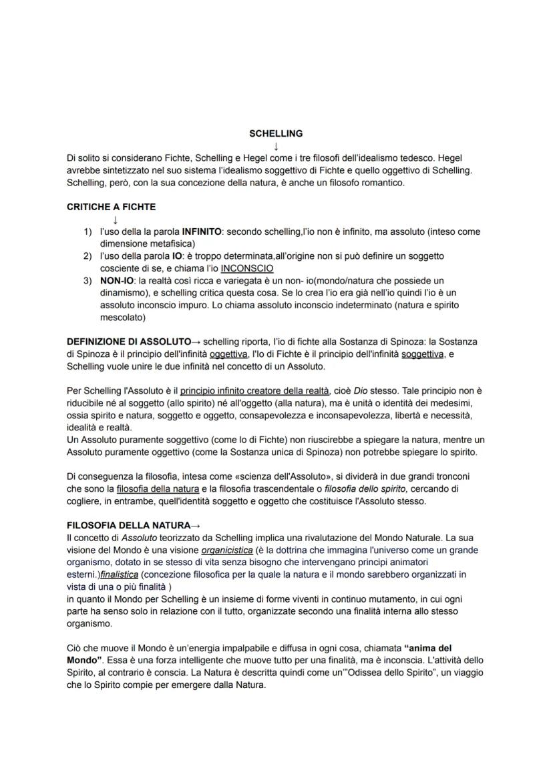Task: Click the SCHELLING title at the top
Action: click(x=275, y=133)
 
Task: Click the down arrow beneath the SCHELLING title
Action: click(x=276, y=146)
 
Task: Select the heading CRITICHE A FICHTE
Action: click(x=111, y=207)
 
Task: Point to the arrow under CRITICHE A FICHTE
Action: click(x=116, y=220)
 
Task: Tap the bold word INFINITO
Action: click(x=201, y=232)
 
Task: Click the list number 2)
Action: click(x=87, y=256)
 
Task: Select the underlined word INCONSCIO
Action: click(x=246, y=268)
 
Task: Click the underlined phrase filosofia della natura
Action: click(x=158, y=489)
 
